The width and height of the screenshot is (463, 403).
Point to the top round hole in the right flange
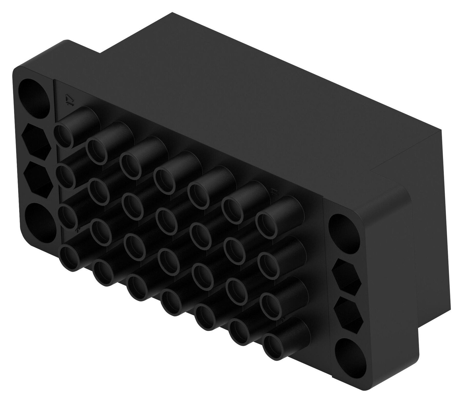coord(344,231)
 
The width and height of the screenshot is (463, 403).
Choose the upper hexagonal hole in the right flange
coord(348,275)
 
